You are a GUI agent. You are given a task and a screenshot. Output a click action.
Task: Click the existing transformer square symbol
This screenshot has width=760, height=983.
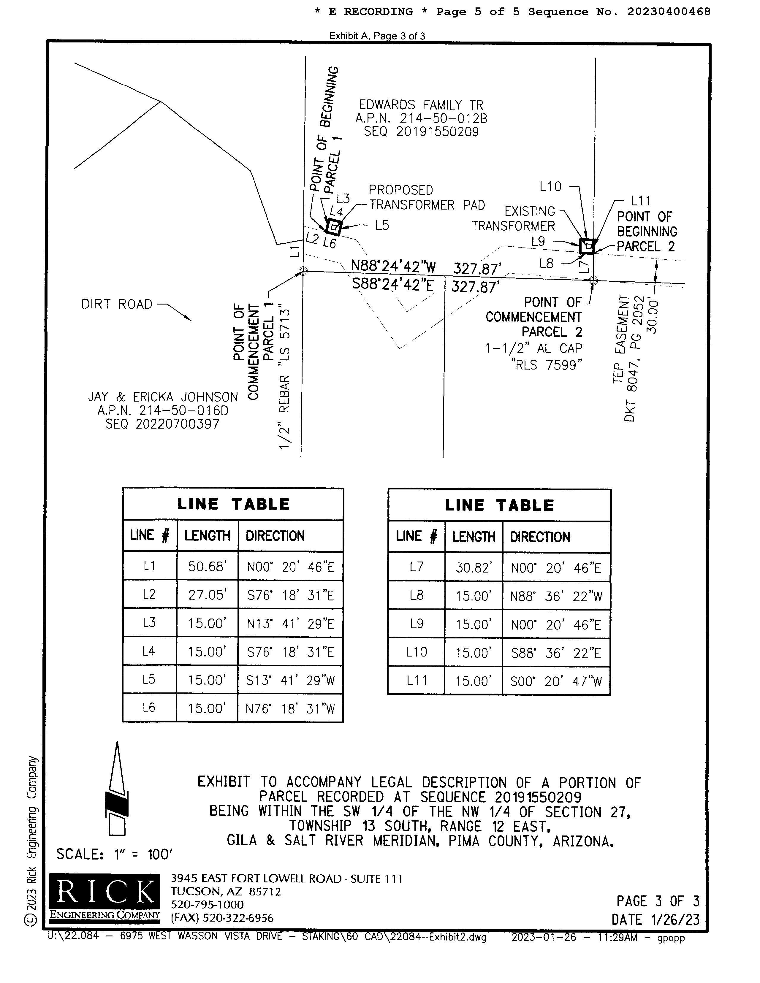click(587, 246)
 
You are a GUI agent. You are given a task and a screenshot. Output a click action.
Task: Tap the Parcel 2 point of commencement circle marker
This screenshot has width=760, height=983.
click(593, 280)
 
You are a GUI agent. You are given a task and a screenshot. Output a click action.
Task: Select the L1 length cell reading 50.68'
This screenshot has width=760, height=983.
click(207, 566)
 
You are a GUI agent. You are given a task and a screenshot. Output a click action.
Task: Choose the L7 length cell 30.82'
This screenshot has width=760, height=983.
click(473, 567)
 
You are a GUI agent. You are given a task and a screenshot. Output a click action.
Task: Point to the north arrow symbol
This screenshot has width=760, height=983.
click(117, 788)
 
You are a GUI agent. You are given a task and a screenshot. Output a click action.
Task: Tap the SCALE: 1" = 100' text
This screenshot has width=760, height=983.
click(114, 854)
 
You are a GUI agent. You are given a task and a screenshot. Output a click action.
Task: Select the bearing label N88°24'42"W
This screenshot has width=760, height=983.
click(393, 267)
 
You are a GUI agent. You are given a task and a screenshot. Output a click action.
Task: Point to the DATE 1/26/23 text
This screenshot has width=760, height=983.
click(655, 919)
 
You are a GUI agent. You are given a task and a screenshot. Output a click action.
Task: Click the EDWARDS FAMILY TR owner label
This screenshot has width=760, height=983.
click(420, 105)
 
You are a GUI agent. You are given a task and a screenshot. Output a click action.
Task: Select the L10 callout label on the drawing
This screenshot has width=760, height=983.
click(550, 186)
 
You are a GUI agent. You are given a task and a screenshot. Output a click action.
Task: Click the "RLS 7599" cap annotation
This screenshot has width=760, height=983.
click(546, 364)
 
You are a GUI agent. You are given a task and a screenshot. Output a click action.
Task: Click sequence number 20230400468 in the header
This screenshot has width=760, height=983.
click(669, 12)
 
